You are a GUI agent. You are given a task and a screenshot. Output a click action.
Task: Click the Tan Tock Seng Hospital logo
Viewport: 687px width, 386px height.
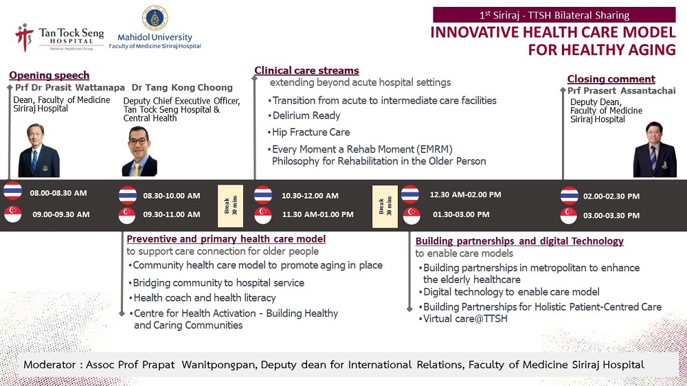[x=60, y=38]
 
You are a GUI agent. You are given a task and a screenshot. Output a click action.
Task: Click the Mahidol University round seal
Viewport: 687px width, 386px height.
[x=155, y=18]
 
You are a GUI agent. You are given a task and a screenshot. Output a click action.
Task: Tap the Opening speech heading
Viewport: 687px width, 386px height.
[x=49, y=76]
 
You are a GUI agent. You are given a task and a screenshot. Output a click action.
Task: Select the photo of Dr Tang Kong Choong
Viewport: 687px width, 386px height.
[x=139, y=152]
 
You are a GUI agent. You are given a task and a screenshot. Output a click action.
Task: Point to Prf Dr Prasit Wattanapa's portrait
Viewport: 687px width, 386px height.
[x=38, y=150]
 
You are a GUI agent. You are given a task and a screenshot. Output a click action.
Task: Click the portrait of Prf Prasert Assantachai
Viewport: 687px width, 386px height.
[x=655, y=150]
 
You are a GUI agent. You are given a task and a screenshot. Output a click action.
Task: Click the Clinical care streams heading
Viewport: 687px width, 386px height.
[x=306, y=71]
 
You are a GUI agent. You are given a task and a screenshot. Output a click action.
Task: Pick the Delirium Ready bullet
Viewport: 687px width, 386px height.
[x=304, y=115]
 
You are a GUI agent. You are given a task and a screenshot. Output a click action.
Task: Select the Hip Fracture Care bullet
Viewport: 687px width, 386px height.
[x=309, y=133]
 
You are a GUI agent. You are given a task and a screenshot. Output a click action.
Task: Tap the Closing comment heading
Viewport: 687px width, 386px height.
[x=611, y=79]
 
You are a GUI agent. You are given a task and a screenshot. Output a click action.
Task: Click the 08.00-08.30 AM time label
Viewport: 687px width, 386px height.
[x=58, y=193]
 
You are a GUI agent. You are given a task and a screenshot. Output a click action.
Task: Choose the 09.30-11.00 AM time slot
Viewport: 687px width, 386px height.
[x=171, y=214]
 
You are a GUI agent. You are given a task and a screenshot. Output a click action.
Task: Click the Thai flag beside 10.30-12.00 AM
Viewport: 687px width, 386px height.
[x=263, y=195]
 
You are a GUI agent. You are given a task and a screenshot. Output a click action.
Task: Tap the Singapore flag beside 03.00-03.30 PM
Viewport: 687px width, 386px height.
[x=569, y=216]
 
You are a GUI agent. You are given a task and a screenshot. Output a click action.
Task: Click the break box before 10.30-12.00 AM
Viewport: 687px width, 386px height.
[x=230, y=206]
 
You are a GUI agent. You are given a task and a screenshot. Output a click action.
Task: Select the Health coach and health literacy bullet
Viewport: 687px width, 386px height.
[x=203, y=298]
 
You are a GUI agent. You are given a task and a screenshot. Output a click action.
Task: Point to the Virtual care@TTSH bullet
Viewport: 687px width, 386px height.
[x=463, y=319]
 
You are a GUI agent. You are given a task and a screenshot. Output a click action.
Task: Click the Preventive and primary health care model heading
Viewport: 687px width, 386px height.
[x=226, y=239]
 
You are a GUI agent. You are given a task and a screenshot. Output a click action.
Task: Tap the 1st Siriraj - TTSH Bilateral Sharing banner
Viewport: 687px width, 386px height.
[x=554, y=15]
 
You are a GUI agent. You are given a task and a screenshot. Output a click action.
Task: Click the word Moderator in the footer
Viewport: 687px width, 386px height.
[x=49, y=365]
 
